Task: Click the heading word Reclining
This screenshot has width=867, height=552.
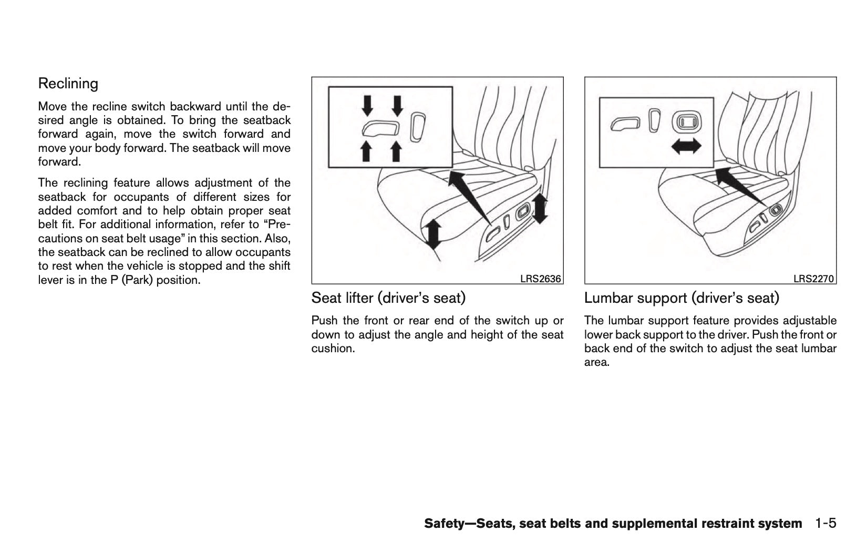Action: click(68, 84)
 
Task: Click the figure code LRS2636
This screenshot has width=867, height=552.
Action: click(541, 279)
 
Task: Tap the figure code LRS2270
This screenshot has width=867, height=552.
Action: click(814, 279)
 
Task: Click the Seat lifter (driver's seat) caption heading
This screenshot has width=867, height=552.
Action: click(388, 298)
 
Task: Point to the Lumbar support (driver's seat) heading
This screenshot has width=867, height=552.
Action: click(682, 298)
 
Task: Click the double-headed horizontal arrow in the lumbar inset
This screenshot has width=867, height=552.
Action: click(686, 148)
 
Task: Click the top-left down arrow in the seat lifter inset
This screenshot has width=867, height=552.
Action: click(368, 105)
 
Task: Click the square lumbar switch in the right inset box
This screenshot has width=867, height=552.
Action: click(687, 122)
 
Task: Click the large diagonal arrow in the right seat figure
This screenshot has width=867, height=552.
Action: click(741, 187)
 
